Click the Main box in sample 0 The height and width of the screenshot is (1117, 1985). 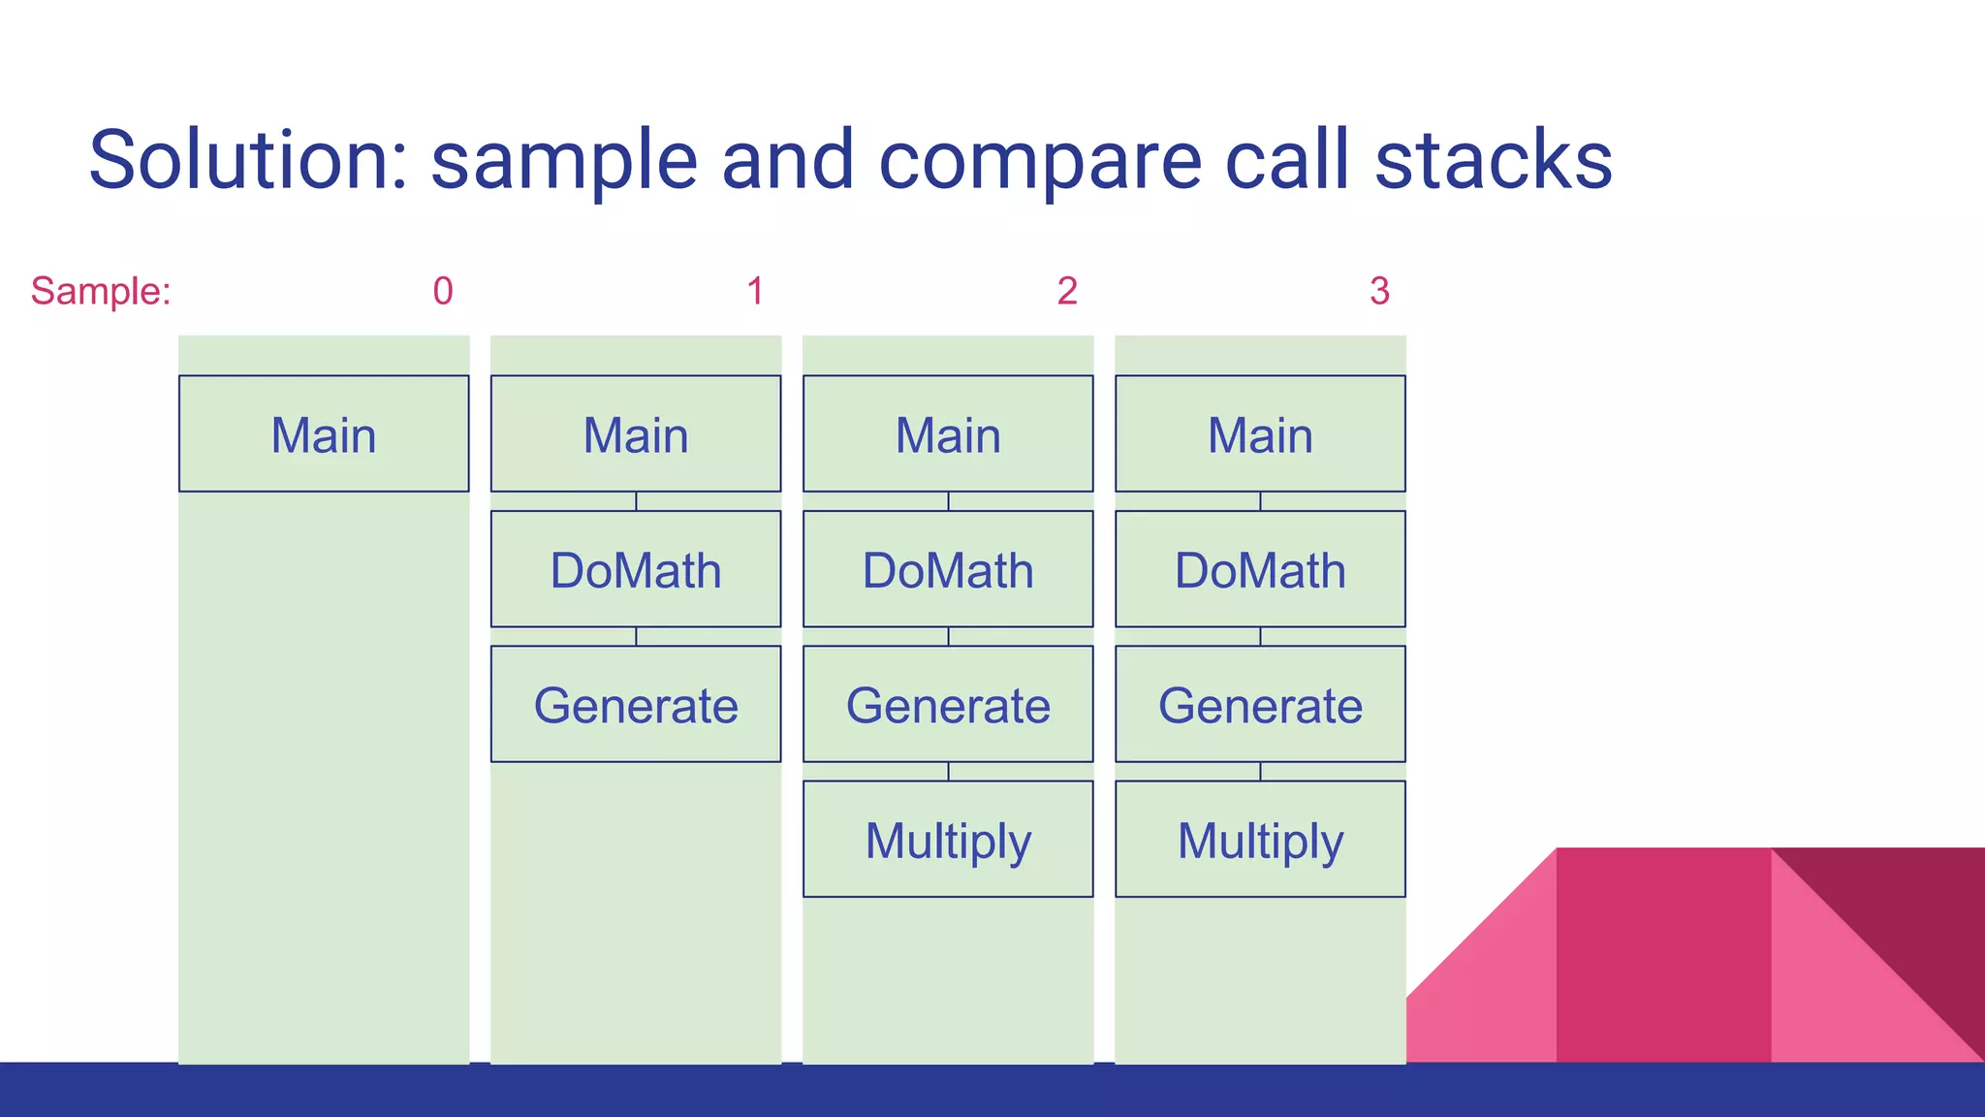[324, 433]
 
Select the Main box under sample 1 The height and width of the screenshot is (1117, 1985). [636, 433]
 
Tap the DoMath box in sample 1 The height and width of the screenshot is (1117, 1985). [636, 569]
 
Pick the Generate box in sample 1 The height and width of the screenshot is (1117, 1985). [636, 704]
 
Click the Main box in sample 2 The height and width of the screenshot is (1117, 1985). [948, 433]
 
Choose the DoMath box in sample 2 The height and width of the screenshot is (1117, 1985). [948, 569]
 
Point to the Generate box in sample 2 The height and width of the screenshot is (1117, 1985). [948, 704]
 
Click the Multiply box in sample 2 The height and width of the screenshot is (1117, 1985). [948, 839]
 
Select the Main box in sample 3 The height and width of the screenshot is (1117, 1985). [1260, 433]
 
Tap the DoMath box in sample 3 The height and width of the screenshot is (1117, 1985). [1260, 569]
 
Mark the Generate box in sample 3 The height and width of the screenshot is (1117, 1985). [1260, 704]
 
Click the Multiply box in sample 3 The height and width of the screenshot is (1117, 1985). [1260, 839]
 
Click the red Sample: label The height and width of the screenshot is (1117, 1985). [101, 291]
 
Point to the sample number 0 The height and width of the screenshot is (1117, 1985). [443, 291]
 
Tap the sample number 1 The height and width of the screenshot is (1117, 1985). [755, 291]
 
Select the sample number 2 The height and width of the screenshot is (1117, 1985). [1067, 291]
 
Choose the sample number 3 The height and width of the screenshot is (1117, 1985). [1379, 291]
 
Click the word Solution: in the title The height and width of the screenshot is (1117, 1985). [248, 160]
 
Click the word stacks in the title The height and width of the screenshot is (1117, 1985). [1493, 160]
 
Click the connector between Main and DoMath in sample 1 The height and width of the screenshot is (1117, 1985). [636, 501]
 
